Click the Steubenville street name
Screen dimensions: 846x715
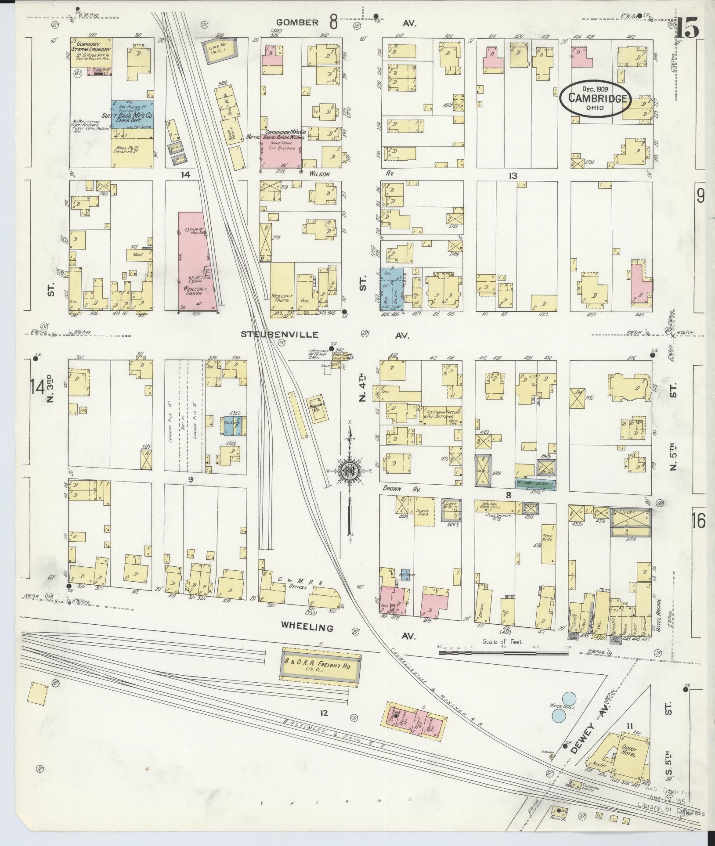click(x=279, y=335)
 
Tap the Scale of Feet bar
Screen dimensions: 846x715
click(x=503, y=653)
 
